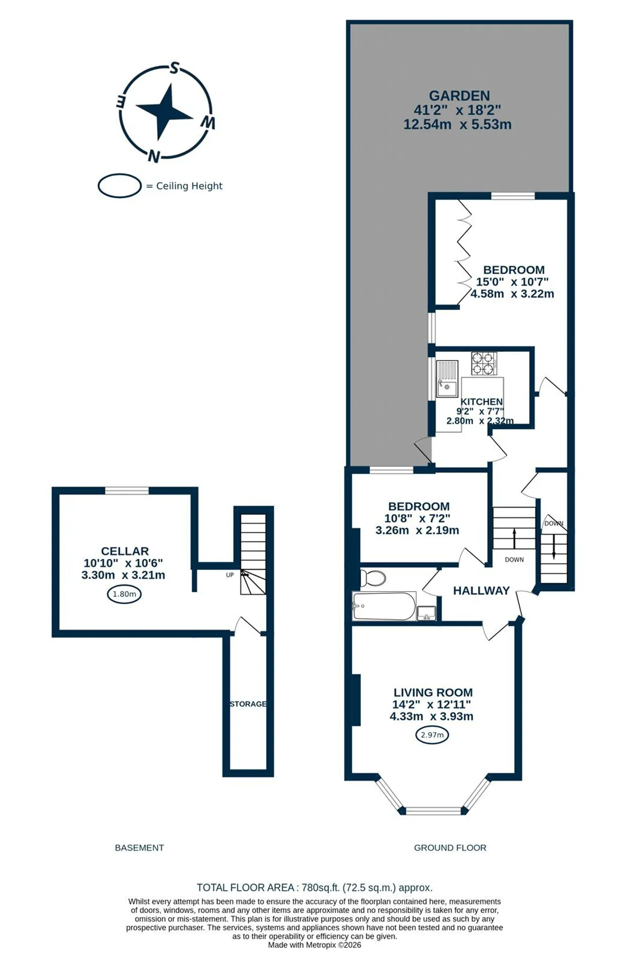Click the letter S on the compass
174,68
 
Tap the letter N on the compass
154,156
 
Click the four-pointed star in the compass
165,111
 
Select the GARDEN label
459,96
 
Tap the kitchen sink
447,378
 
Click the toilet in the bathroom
373,578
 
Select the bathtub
384,606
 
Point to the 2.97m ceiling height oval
432,735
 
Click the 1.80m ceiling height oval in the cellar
124,594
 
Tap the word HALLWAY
482,590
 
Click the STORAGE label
248,704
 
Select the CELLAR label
125,551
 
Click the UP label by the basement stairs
230,575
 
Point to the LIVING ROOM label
433,692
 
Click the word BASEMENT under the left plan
140,847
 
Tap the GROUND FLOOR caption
450,847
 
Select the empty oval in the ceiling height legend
120,186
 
